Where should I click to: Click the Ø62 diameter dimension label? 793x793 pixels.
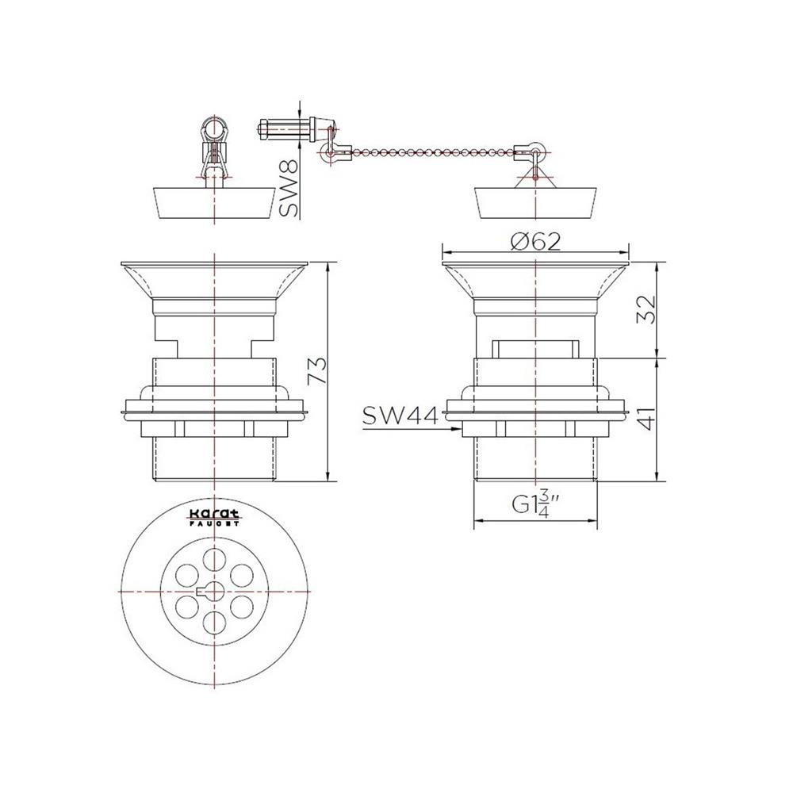[535, 242]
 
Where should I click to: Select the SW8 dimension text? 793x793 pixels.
[289, 188]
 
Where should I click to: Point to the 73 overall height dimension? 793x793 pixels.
[319, 370]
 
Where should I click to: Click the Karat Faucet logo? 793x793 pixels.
[214, 516]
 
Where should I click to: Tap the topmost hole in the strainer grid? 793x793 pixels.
[214, 560]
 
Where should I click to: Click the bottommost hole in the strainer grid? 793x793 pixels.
[214, 622]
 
